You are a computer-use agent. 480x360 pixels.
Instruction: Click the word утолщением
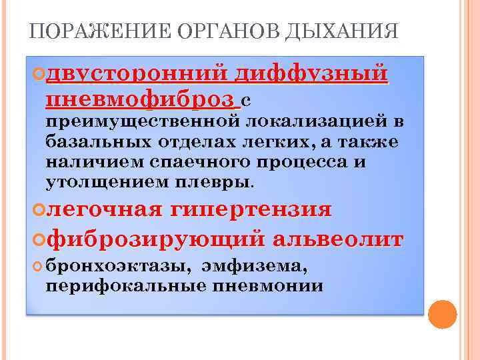pyautogui.click(x=107, y=182)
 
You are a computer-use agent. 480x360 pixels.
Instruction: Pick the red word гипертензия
pyautogui.click(x=251, y=209)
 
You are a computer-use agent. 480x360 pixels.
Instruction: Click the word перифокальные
pyautogui.click(x=126, y=287)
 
